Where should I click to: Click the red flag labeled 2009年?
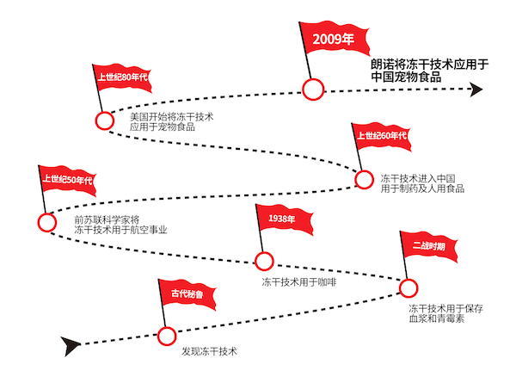coord(335,39)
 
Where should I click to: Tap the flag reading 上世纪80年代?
coord(122,77)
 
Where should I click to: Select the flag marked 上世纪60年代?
coord(382,136)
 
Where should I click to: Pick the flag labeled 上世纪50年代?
coord(68,180)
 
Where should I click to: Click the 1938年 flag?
coord(284,219)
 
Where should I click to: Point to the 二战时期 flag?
coord(428,246)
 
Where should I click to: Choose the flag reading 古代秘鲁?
coord(187,293)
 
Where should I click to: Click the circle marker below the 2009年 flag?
coord(313,90)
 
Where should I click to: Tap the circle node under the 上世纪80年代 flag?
coord(105,120)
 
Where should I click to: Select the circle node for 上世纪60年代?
coord(364,180)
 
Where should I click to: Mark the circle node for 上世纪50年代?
coord(46,222)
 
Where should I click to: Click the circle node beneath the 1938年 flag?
coord(264,261)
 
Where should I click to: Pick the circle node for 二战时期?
coord(408,288)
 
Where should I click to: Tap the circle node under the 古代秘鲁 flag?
coord(167,337)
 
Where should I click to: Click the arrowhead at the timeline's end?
coord(476,90)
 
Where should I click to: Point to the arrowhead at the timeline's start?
coord(71,346)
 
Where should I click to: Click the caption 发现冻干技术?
coord(209,351)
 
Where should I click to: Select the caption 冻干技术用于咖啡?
coord(299,282)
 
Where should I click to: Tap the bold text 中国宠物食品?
coord(406,77)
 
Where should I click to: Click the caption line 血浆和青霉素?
coord(436,318)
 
